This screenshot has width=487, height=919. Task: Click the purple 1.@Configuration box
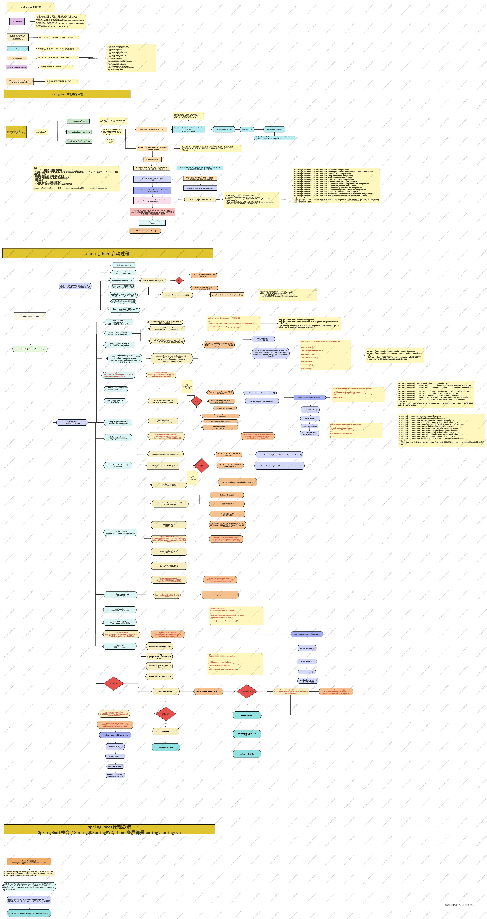(x=17, y=21)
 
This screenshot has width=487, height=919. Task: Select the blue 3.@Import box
(x=18, y=48)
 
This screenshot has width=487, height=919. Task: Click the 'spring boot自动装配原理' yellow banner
(x=67, y=94)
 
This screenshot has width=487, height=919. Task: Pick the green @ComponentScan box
(x=78, y=121)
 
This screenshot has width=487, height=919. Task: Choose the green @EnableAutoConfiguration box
(x=79, y=141)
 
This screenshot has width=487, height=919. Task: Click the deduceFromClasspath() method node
(x=153, y=281)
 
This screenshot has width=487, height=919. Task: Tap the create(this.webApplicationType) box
(x=163, y=466)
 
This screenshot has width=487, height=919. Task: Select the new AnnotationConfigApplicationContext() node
(x=237, y=482)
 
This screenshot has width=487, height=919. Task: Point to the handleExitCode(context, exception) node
(x=209, y=691)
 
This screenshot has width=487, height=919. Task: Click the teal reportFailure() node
(x=246, y=715)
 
